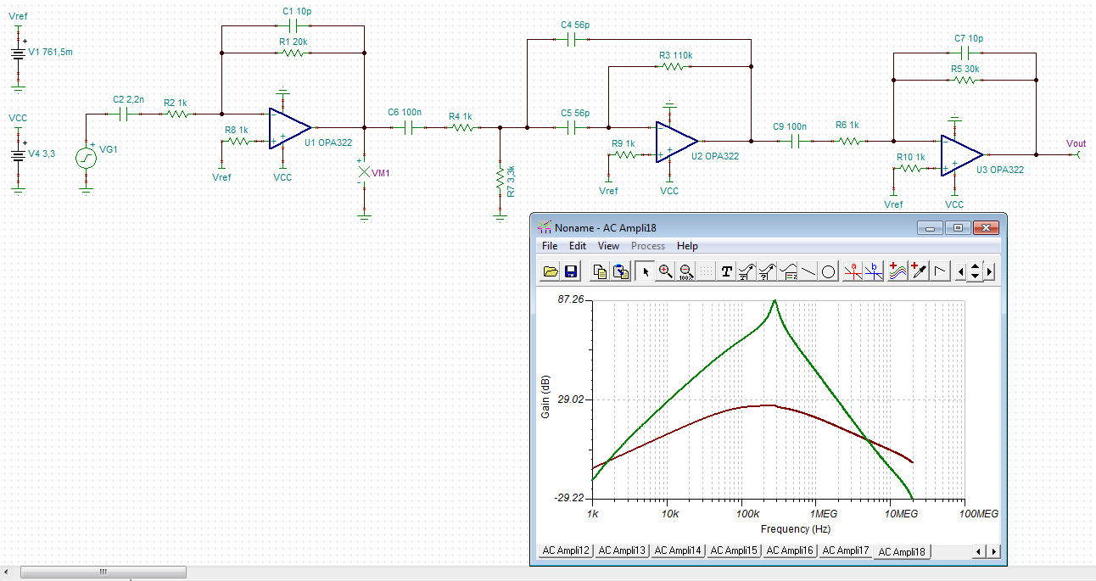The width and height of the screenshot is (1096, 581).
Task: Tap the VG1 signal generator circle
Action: pyautogui.click(x=86, y=158)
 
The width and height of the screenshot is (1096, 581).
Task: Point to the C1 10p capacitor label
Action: pyautogui.click(x=297, y=11)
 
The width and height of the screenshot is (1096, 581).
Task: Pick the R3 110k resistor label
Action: pyautogui.click(x=675, y=55)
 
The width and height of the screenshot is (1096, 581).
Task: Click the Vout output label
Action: pyautogui.click(x=1076, y=143)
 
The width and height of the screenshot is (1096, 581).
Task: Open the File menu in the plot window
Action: pyautogui.click(x=550, y=246)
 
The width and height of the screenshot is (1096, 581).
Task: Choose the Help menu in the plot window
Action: pyautogui.click(x=687, y=246)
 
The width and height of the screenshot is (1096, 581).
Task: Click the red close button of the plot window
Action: pyautogui.click(x=985, y=227)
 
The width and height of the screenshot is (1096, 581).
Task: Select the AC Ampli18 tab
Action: pyautogui.click(x=903, y=551)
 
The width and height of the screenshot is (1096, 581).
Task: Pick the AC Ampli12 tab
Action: pyautogui.click(x=566, y=550)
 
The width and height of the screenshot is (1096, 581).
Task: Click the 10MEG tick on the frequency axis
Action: pyautogui.click(x=901, y=515)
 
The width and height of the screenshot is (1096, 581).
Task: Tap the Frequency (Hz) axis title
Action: pyautogui.click(x=795, y=529)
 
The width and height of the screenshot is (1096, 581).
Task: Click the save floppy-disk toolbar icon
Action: pyautogui.click(x=570, y=271)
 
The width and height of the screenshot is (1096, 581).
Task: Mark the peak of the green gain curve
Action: pyautogui.click(x=774, y=301)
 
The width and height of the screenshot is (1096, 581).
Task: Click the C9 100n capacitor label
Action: pyautogui.click(x=790, y=126)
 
